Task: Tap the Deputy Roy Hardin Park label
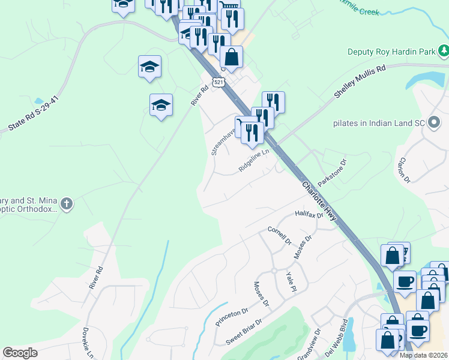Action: (x=391, y=52)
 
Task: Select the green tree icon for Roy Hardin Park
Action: (x=444, y=52)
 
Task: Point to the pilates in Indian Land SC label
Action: (x=379, y=123)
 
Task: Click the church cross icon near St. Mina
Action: (x=67, y=204)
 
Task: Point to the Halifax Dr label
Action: (x=309, y=214)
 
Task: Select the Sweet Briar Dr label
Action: (x=244, y=333)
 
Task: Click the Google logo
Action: (x=20, y=353)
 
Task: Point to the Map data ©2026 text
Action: (x=424, y=355)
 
